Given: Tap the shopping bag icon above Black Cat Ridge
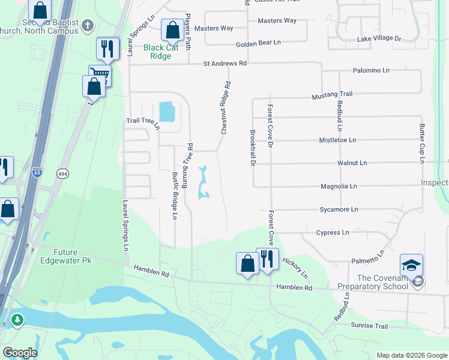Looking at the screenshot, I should coord(172,29).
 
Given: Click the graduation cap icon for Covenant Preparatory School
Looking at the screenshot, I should coord(412,265).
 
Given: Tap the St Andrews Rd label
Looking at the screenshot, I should coord(225,63).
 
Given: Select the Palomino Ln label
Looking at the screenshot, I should coord(371,70).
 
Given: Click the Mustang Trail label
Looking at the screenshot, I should coord(332,95).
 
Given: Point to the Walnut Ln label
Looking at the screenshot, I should coord(352,163).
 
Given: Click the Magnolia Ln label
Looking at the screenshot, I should coord(339,186).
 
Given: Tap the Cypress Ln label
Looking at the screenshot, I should coord(332,232).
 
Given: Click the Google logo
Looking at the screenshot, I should coord(19,353).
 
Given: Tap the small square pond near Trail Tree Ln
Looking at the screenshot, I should coord(166,112).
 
